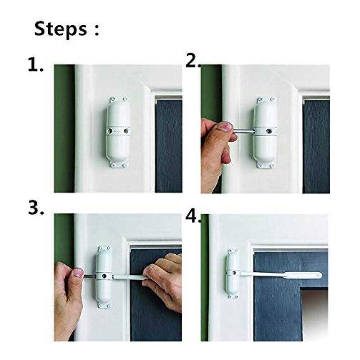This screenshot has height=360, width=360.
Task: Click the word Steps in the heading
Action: tap(61, 29)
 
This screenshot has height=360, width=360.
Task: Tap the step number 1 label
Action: tap(36, 64)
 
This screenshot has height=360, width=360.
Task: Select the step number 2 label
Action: tap(193, 61)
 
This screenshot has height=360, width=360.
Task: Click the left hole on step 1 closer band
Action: tap(110, 131)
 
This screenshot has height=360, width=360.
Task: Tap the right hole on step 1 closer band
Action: tap(126, 131)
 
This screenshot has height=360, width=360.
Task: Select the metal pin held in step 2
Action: tap(243, 131)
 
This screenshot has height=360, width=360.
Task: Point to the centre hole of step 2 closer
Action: tap(268, 131)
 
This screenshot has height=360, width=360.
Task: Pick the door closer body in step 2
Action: tap(265, 132)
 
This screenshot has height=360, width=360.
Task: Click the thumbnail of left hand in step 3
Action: tap(78, 273)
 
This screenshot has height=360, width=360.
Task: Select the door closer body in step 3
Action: tap(104, 277)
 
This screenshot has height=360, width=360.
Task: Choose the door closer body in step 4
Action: tap(233, 274)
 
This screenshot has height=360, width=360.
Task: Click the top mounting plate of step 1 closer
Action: tap(119, 100)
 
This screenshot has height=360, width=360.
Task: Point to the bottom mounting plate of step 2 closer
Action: tap(265, 165)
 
